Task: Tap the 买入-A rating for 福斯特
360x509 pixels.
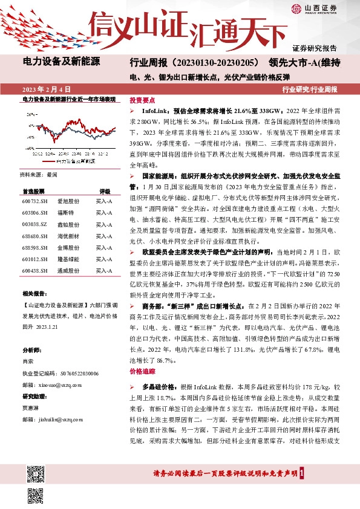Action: click(x=104, y=213)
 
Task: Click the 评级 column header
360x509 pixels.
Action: click(x=105, y=190)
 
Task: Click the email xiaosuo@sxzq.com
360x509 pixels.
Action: click(x=60, y=384)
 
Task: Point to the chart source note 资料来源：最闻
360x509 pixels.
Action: click(x=38, y=175)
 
